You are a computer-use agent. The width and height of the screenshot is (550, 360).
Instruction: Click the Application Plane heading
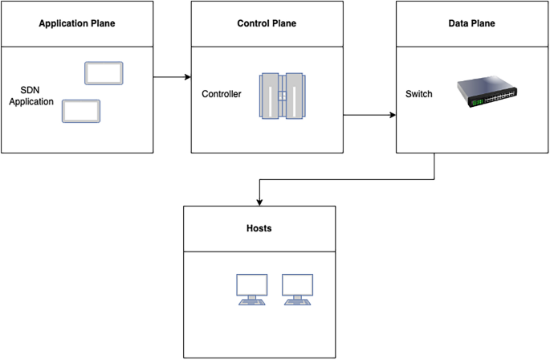tap(77, 23)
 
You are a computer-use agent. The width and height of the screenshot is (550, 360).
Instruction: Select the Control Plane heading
tap(267, 23)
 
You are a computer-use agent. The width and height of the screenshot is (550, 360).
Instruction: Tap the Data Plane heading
tap(471, 23)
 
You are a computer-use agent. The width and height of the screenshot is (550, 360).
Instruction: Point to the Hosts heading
tap(259, 228)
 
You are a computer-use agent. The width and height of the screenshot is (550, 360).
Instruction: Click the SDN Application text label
tap(37, 96)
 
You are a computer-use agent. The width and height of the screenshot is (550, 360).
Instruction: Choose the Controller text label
tap(222, 94)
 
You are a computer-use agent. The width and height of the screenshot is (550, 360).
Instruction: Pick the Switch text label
tap(419, 94)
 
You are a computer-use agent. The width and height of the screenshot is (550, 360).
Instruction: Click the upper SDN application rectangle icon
tap(104, 72)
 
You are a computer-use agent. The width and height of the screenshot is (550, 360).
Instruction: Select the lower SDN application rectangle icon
tap(81, 111)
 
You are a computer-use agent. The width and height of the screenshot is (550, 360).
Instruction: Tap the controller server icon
tap(283, 96)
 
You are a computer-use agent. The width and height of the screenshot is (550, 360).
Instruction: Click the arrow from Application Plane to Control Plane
tap(172, 77)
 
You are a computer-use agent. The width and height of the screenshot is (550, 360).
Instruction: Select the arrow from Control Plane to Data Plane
tap(369, 115)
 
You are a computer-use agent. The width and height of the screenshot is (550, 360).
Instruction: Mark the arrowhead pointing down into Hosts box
tap(259, 202)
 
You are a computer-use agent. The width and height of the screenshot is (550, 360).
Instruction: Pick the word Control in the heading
tap(254, 23)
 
